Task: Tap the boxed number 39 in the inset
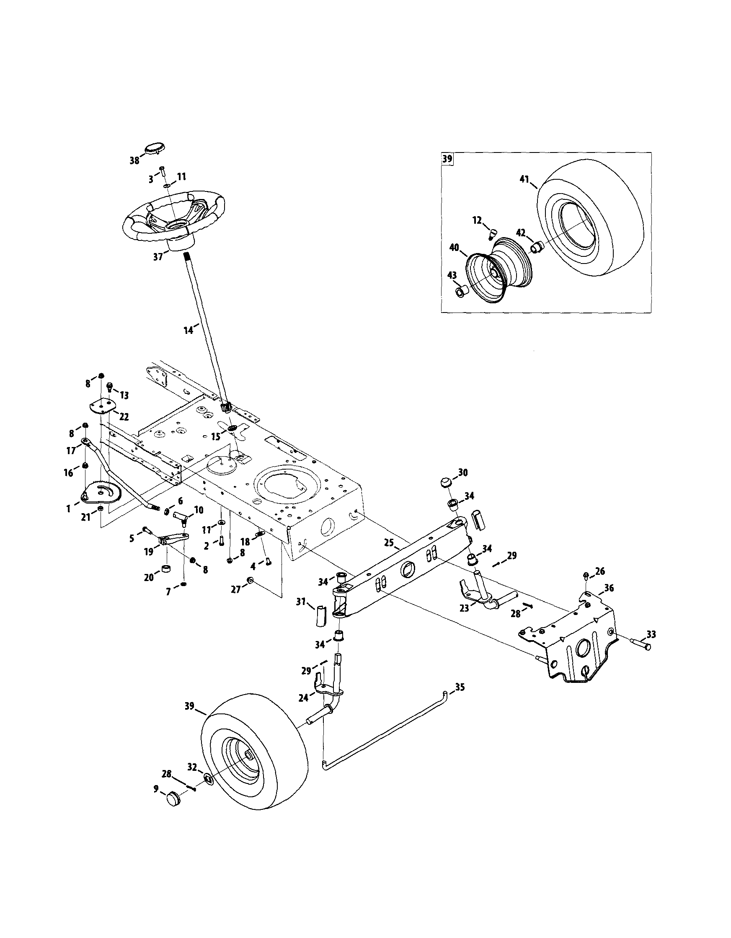tap(447, 158)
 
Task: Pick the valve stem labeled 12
tap(492, 233)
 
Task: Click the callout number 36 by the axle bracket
tap(609, 588)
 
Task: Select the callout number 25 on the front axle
tap(389, 543)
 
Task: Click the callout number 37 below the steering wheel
tap(158, 256)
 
